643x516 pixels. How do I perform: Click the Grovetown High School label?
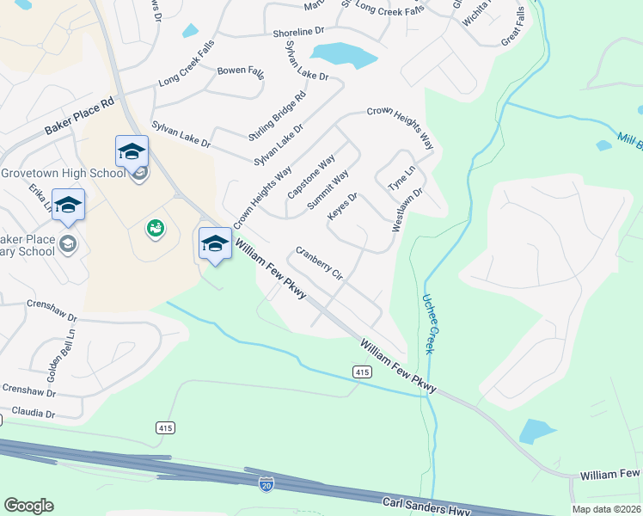pos(64,173)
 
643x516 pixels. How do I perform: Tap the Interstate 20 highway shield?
pos(266,485)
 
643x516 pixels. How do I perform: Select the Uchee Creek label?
pos(431,324)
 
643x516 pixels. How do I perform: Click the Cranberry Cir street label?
pos(319,264)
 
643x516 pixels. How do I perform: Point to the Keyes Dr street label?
pos(342,206)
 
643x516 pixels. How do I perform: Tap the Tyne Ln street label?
pos(401,178)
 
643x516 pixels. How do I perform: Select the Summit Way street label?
pos(328,190)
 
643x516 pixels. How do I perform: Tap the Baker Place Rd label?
pos(79,116)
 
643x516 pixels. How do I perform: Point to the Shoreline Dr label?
pos(297,33)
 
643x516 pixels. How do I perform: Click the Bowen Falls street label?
pos(242,71)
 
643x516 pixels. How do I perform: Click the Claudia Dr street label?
pos(28,413)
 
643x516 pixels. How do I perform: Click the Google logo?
pos(28,506)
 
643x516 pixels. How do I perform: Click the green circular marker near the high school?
pos(156,228)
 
